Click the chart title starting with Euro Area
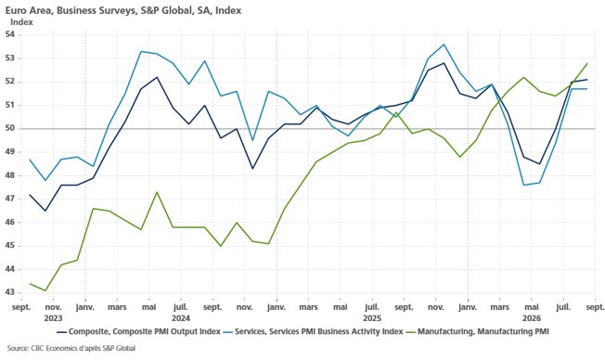(123, 10)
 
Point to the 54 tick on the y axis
(9, 34)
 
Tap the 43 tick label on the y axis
(9, 293)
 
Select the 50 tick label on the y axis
(9, 128)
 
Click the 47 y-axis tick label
(9, 199)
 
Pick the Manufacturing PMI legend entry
(478, 331)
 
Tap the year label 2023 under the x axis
(53, 318)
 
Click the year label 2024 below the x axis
(181, 318)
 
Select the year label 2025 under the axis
(372, 318)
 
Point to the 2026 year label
(532, 318)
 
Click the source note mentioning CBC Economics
(71, 349)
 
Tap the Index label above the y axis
(21, 22)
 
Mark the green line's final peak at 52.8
(586, 63)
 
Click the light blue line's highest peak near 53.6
(444, 45)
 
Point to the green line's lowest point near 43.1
(45, 290)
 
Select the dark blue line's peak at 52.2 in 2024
(157, 77)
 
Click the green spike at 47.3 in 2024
(157, 192)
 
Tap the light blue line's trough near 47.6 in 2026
(523, 186)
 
